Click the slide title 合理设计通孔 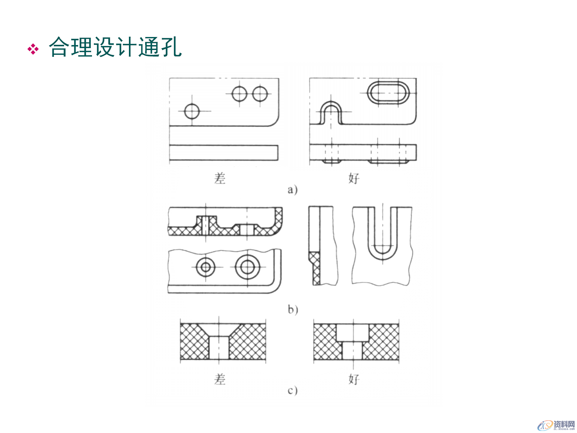(x=115, y=47)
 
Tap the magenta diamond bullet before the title (x=33, y=49)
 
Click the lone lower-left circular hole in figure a (x=192, y=111)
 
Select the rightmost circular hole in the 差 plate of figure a (x=260, y=94)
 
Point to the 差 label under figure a (x=220, y=178)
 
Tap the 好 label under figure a (x=354, y=178)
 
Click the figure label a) (x=292, y=190)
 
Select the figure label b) (x=293, y=309)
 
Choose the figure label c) (x=292, y=390)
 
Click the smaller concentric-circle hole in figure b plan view (x=206, y=267)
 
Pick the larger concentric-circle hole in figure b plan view (x=248, y=267)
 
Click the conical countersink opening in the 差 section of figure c (x=219, y=330)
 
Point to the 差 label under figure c (x=220, y=379)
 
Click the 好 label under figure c (x=354, y=379)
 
